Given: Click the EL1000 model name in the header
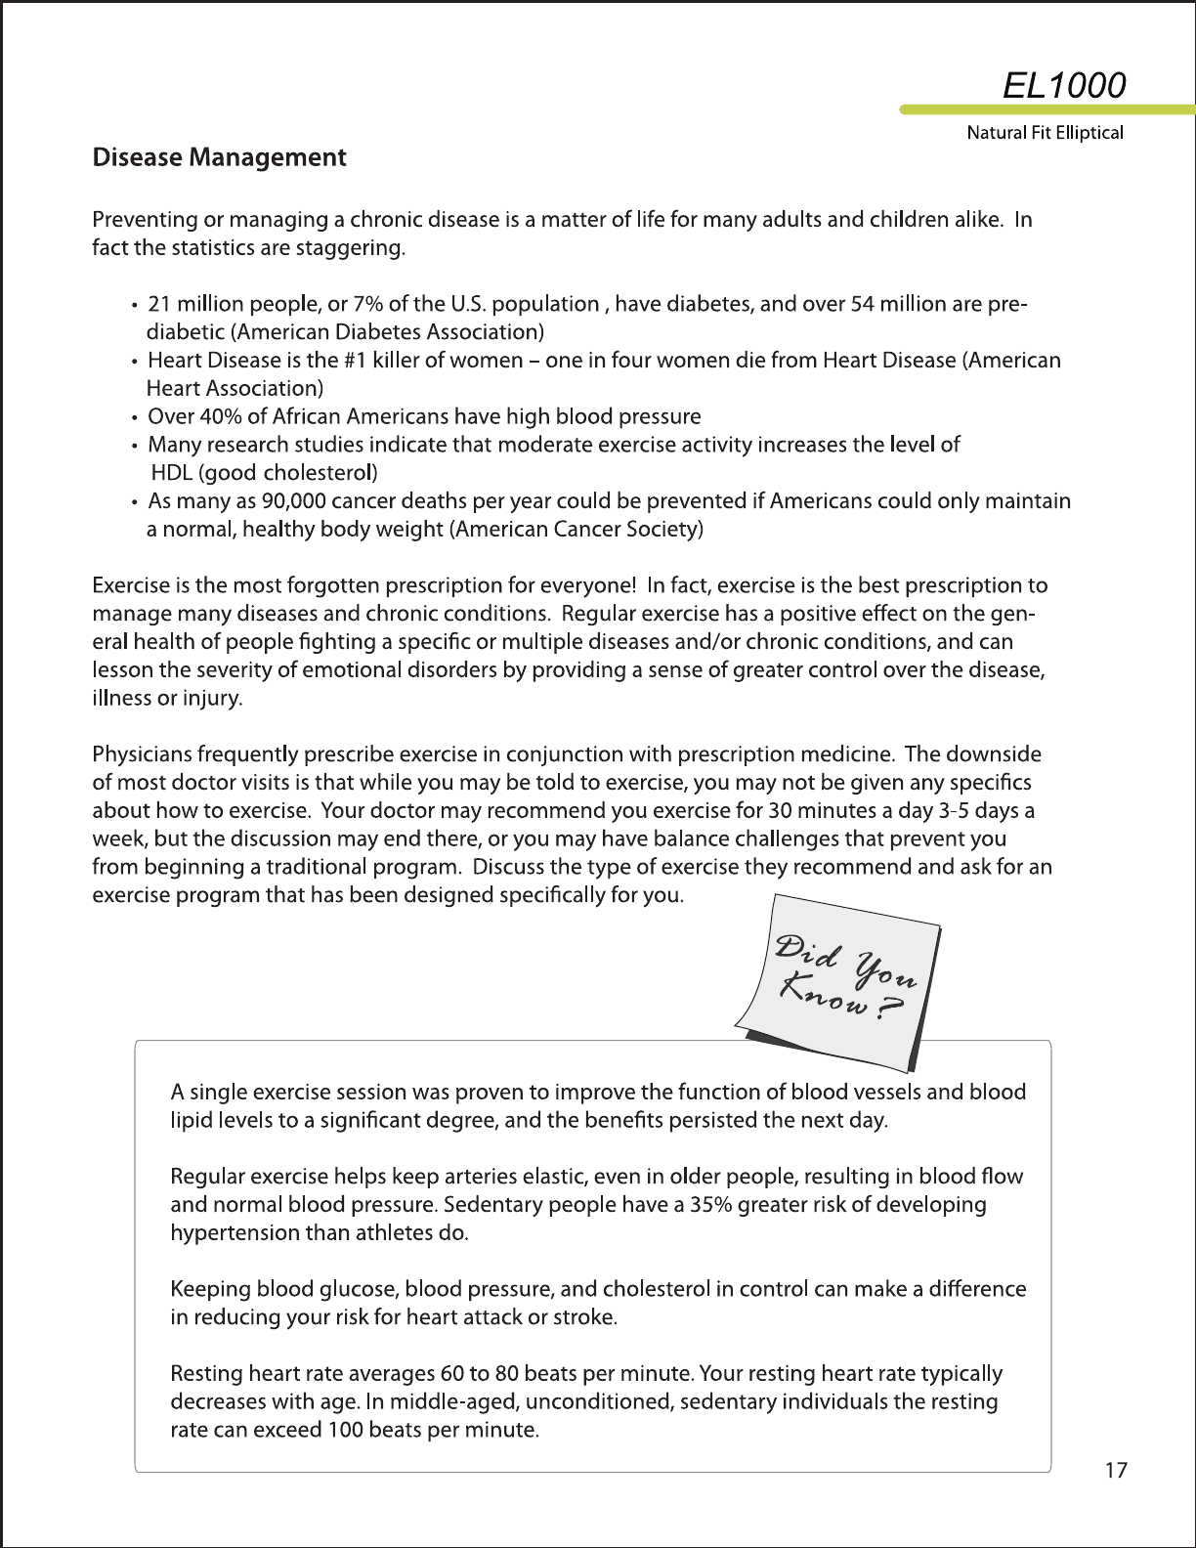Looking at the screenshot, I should tap(1064, 85).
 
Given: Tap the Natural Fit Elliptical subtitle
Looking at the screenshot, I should tap(1045, 133).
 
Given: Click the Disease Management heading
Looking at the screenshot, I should tap(219, 157).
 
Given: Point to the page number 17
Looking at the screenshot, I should tap(1116, 1470).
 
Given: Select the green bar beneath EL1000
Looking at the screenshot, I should tap(1046, 109).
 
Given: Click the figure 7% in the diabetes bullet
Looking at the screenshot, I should tap(368, 304).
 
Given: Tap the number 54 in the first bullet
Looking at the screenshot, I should tap(862, 304).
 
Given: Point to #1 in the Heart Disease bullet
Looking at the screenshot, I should tap(355, 361).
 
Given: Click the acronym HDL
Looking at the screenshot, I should tap(172, 473).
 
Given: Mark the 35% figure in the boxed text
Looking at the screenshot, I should tap(710, 1205).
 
